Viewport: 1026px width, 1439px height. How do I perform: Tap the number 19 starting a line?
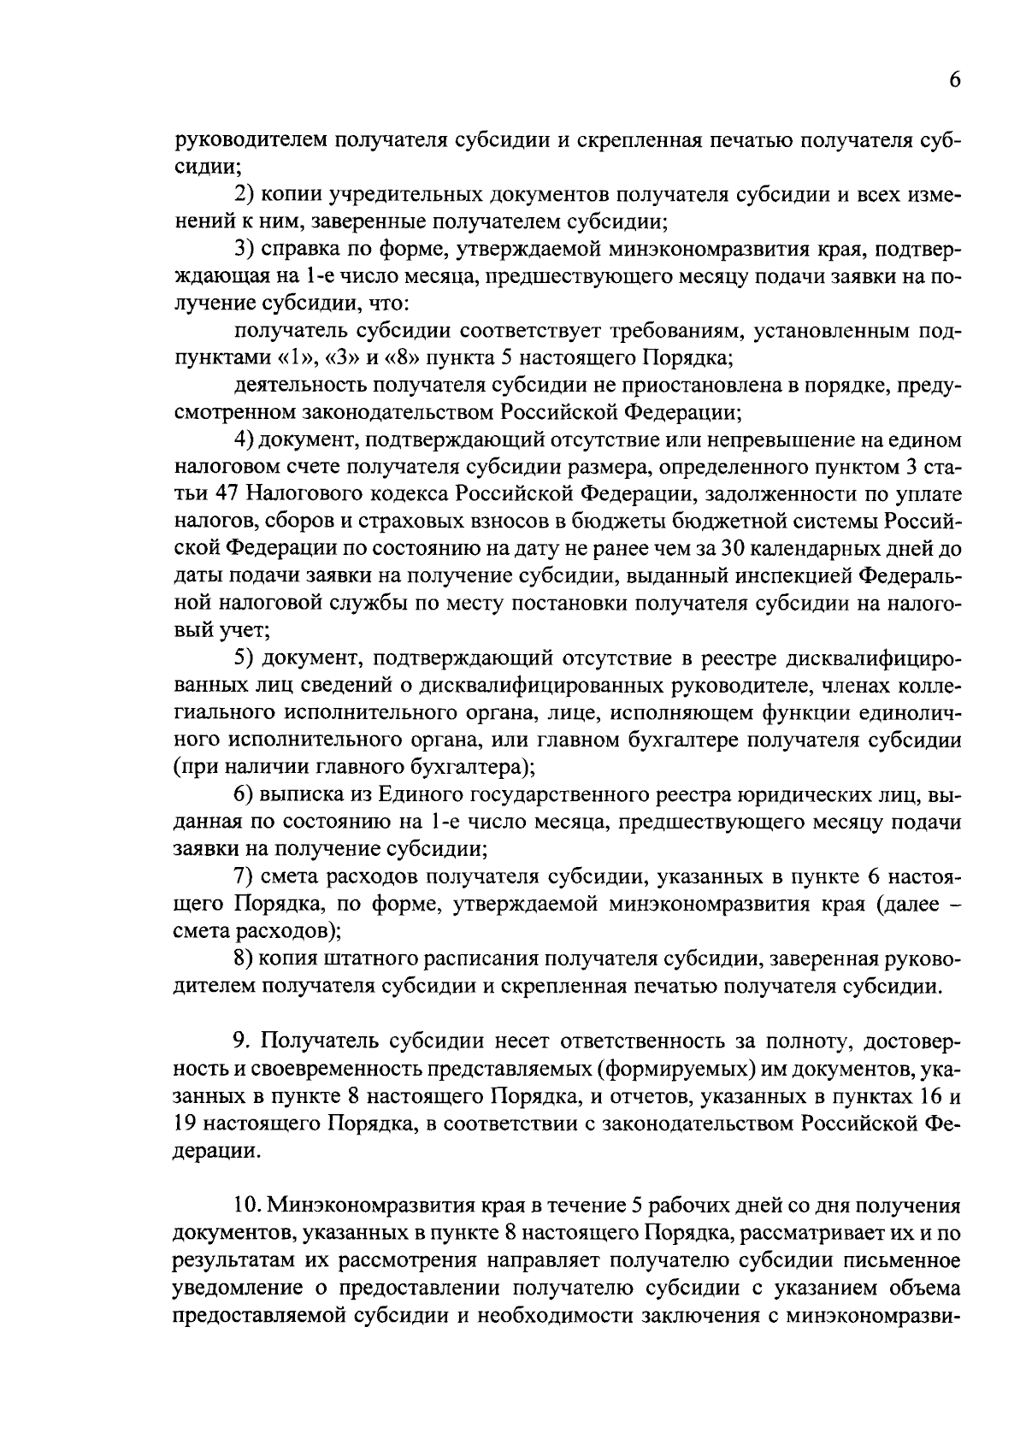pyautogui.click(x=186, y=1123)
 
